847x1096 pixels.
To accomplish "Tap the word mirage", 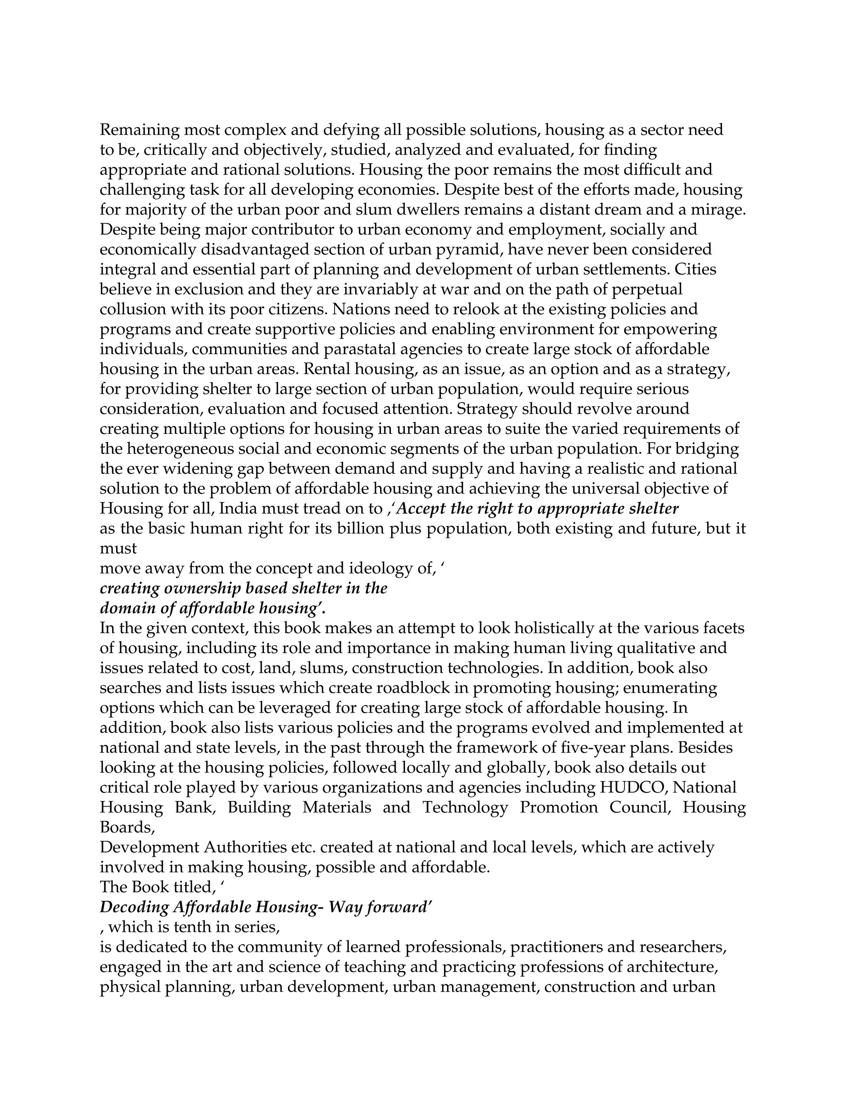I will [x=718, y=210].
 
